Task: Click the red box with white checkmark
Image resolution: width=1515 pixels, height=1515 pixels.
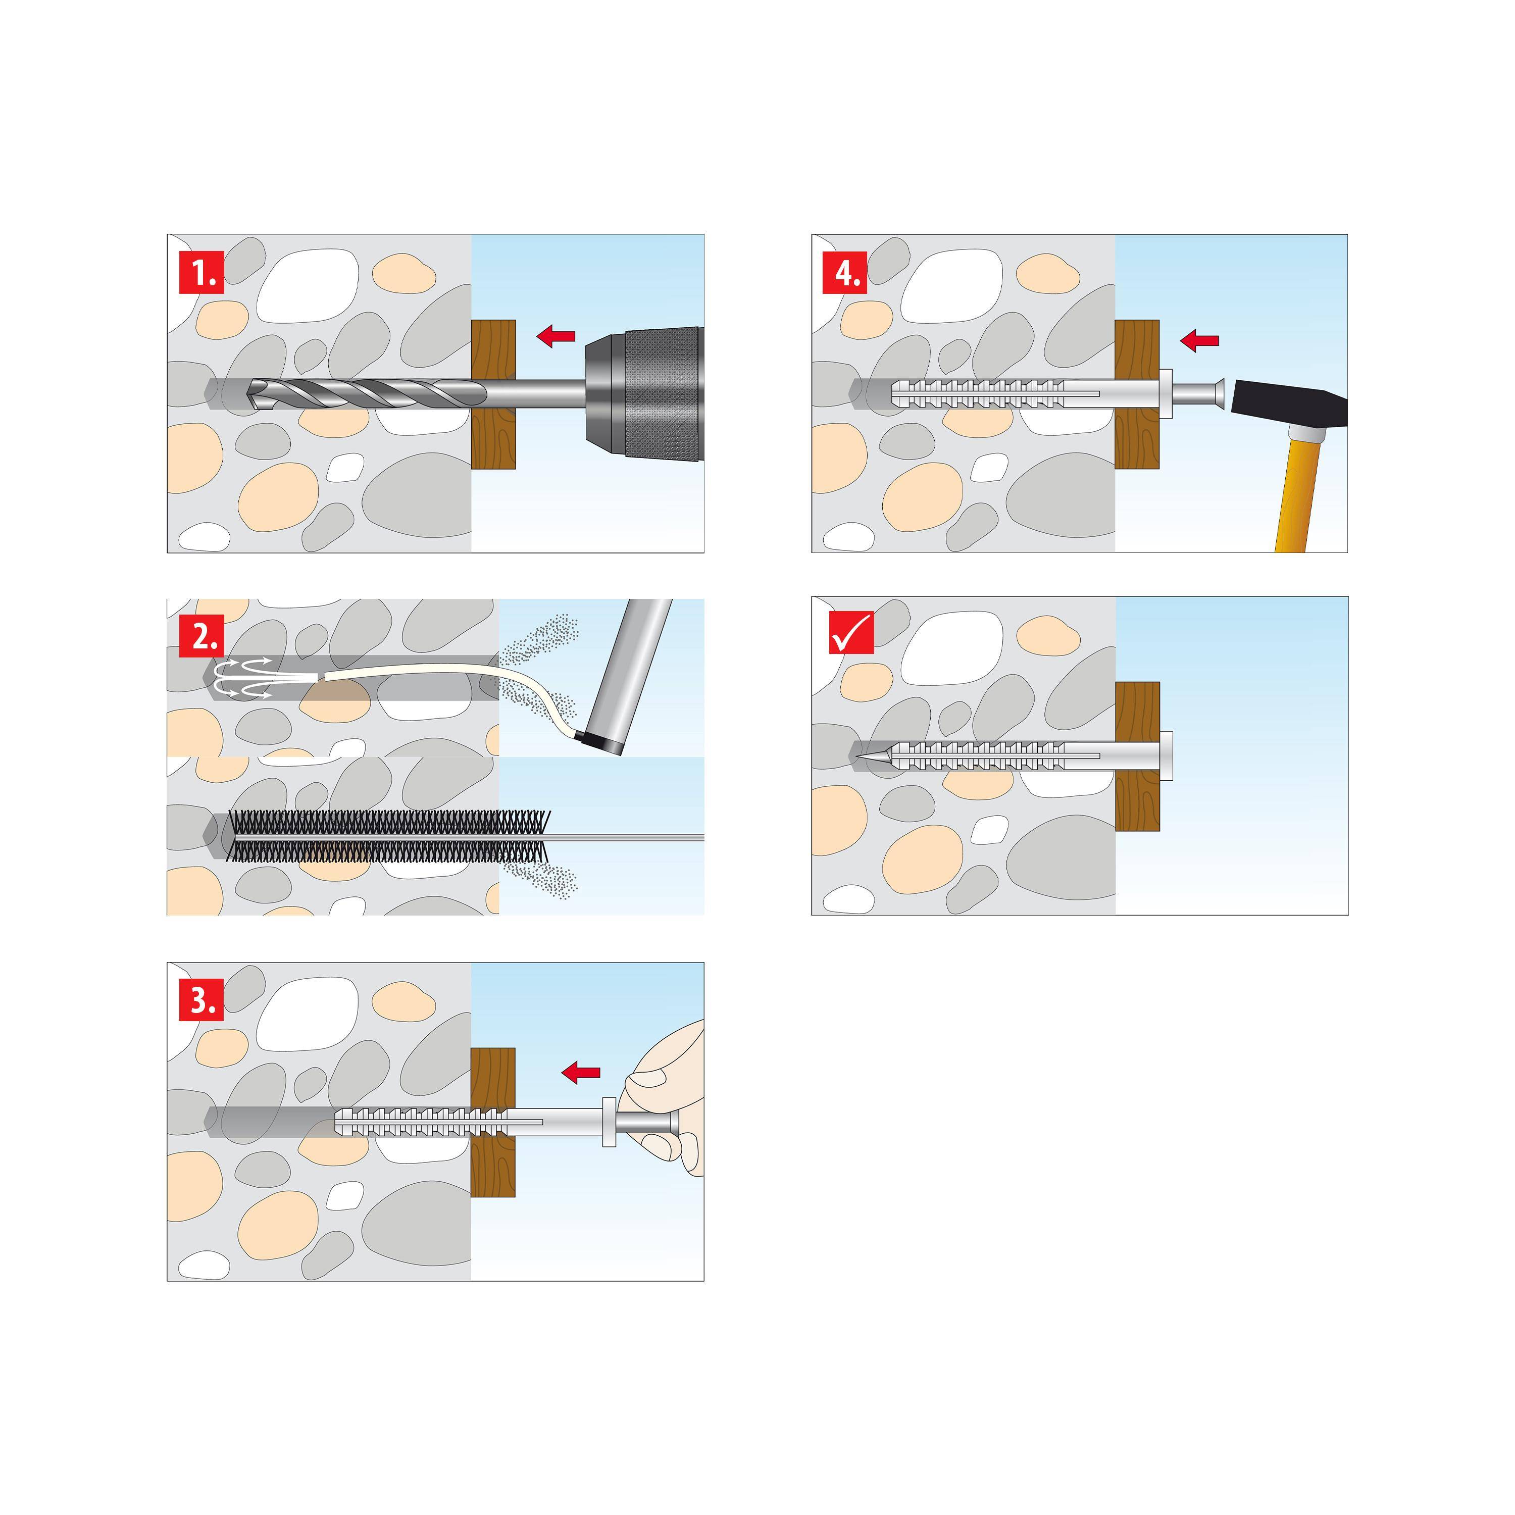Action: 851,632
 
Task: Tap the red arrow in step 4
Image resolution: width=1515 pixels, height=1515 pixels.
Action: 1200,340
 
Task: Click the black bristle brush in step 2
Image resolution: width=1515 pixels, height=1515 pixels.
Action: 388,836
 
